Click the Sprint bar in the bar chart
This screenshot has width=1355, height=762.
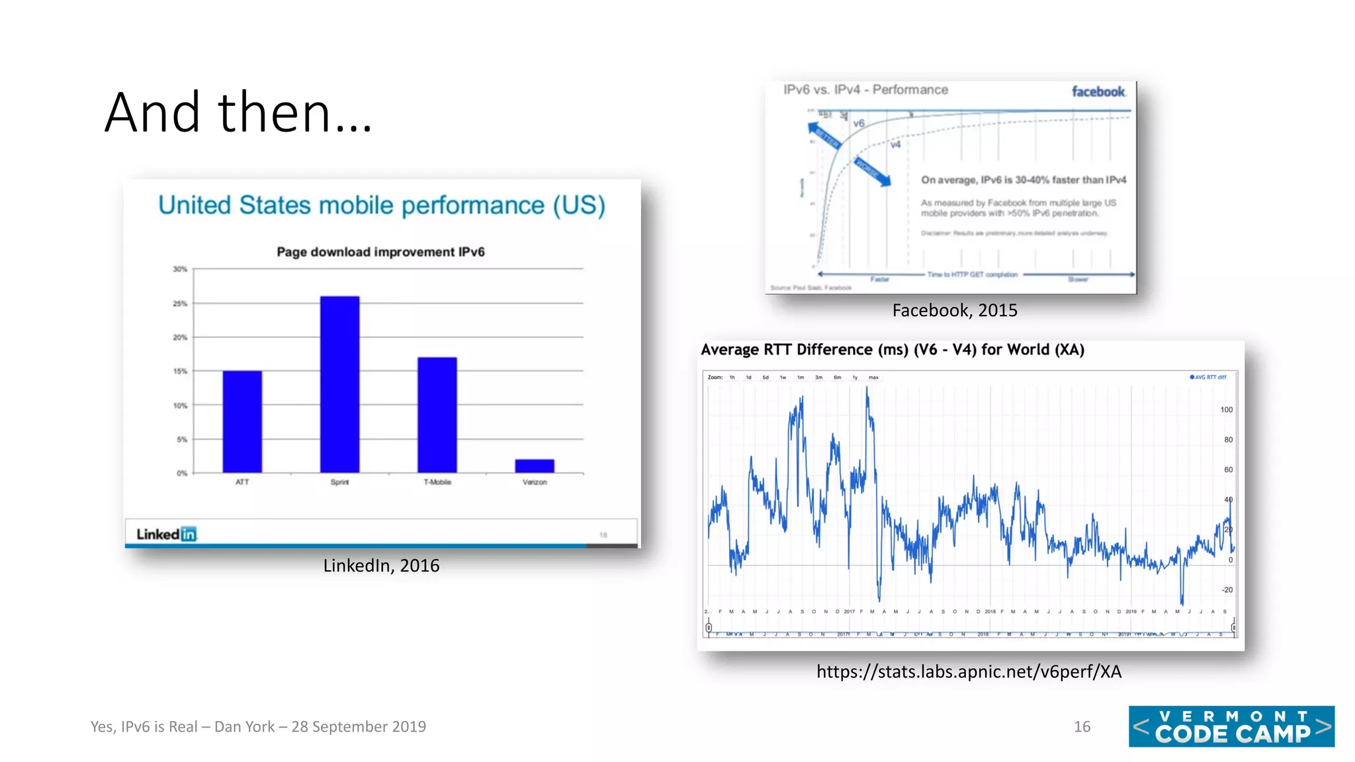coord(339,384)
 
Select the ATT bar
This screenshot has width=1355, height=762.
coord(242,421)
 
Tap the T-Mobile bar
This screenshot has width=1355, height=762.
coord(437,415)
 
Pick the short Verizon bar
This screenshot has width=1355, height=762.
coord(535,466)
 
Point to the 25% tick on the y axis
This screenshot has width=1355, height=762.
coord(180,304)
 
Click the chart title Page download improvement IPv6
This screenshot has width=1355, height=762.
coord(380,252)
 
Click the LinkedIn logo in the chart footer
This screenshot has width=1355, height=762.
coord(166,534)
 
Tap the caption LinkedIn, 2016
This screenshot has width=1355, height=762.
coord(381,566)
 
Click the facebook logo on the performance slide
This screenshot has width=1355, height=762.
coord(1098,92)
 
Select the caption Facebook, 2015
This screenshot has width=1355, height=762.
coord(954,310)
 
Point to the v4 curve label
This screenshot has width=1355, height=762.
coord(895,144)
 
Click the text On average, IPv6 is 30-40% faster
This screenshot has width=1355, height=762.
coord(1023,180)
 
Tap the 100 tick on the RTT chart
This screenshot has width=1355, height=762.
coord(1226,410)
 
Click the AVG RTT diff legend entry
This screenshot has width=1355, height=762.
coord(1208,377)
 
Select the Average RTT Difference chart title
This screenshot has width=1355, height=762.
coord(892,350)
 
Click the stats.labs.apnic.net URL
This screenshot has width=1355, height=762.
coord(969,672)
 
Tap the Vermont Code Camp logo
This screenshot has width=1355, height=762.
coord(1231,726)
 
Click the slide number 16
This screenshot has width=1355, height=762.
coord(1082,727)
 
